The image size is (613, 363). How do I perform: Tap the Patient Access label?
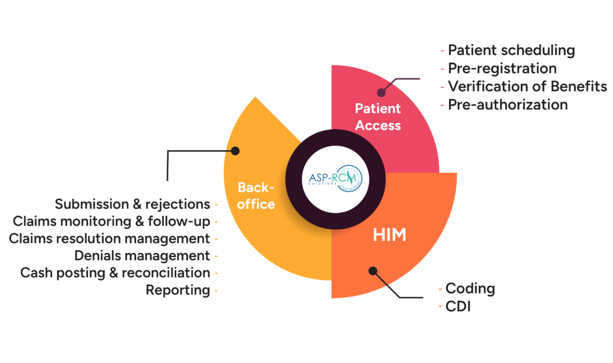click(x=378, y=117)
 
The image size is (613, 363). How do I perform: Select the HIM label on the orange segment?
click(x=390, y=235)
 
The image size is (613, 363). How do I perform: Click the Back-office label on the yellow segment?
click(x=256, y=196)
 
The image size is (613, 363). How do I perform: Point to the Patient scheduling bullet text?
click(x=511, y=51)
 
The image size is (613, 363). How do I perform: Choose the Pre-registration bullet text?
click(x=502, y=69)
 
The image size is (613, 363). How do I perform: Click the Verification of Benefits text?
click(x=527, y=87)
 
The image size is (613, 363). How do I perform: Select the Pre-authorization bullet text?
click(x=508, y=105)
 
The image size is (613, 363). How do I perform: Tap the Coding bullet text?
click(x=471, y=289)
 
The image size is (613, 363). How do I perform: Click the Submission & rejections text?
click(x=132, y=204)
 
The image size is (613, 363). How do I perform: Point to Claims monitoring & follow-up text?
click(x=111, y=221)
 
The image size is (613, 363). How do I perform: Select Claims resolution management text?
click(x=109, y=239)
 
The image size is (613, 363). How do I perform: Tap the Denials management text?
click(x=142, y=256)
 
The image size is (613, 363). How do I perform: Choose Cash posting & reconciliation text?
click(x=115, y=273)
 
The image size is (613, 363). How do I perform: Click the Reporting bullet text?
click(x=178, y=291)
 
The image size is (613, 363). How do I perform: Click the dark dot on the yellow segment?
click(x=235, y=151)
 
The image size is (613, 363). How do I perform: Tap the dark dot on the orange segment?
click(x=373, y=271)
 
